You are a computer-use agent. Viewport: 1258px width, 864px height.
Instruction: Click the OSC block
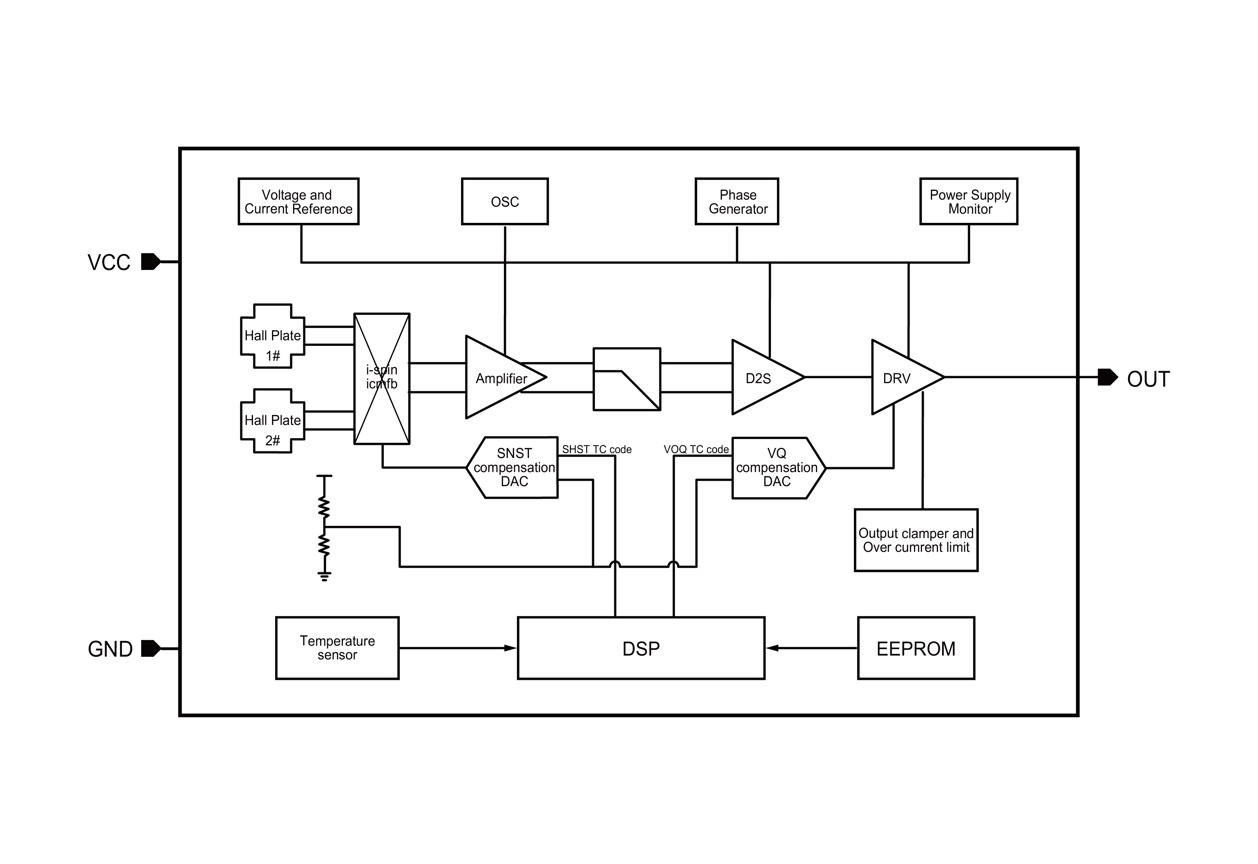[505, 201]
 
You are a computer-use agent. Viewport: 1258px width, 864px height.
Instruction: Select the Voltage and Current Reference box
[298, 201]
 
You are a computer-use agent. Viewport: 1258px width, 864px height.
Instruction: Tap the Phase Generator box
[737, 201]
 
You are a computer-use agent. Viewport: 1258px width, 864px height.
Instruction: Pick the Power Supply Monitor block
[968, 201]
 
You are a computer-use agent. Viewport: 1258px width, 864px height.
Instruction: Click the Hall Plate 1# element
[272, 336]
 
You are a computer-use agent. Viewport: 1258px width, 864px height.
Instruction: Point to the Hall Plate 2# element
[272, 421]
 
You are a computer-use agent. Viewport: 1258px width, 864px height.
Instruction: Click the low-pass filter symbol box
[627, 379]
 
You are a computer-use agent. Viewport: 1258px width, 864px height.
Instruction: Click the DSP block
[641, 648]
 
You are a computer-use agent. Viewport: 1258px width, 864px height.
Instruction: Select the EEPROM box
[916, 648]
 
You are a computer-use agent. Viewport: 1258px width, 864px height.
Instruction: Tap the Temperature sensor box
[337, 648]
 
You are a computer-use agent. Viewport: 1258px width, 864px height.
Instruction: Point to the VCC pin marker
[150, 262]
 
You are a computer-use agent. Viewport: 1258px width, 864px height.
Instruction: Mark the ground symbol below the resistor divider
[324, 576]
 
